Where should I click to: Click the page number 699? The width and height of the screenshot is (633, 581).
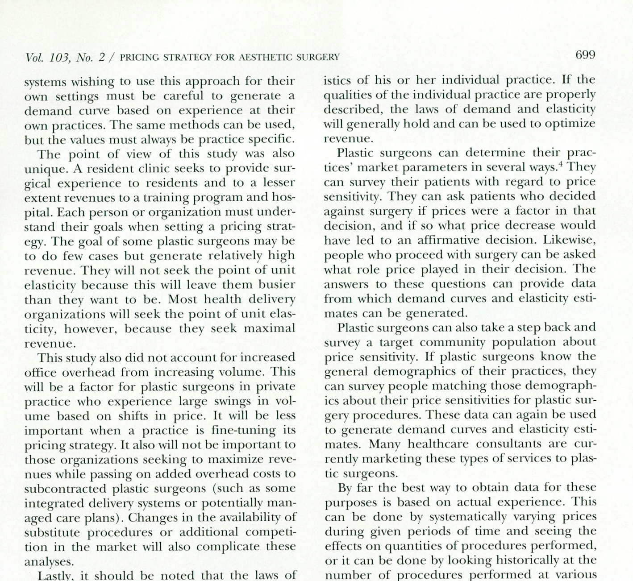coord(585,55)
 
